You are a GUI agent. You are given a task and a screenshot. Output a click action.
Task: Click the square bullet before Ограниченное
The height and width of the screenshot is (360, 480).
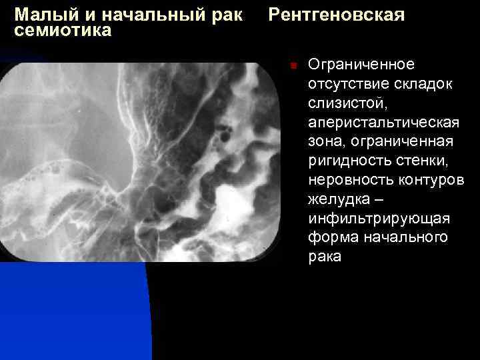[292, 65]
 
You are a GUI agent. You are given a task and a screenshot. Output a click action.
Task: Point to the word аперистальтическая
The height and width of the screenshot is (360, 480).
[383, 123]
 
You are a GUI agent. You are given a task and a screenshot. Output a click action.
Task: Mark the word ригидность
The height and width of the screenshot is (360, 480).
[347, 161]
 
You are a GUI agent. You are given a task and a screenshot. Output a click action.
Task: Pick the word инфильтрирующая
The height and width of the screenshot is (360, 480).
[379, 219]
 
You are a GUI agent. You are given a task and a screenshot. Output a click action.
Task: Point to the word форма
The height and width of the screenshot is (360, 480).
[329, 239]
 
